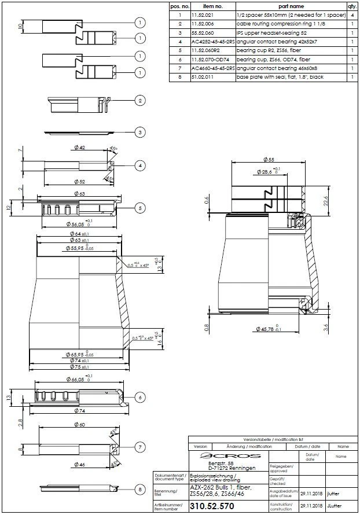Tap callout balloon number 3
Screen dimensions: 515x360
pyautogui.click(x=139, y=132)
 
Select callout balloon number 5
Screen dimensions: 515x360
pyautogui.click(x=139, y=208)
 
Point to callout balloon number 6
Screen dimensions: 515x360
pyautogui.click(x=139, y=398)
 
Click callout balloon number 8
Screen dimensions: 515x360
pyautogui.click(x=139, y=490)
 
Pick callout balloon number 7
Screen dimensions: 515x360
pyautogui.click(x=139, y=447)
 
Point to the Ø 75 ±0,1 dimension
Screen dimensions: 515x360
pyautogui.click(x=79, y=367)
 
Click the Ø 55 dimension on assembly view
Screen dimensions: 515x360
pyautogui.click(x=267, y=159)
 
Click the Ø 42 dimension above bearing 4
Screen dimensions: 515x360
pyautogui.click(x=79, y=148)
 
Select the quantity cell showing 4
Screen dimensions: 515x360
pyautogui.click(x=352, y=15)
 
